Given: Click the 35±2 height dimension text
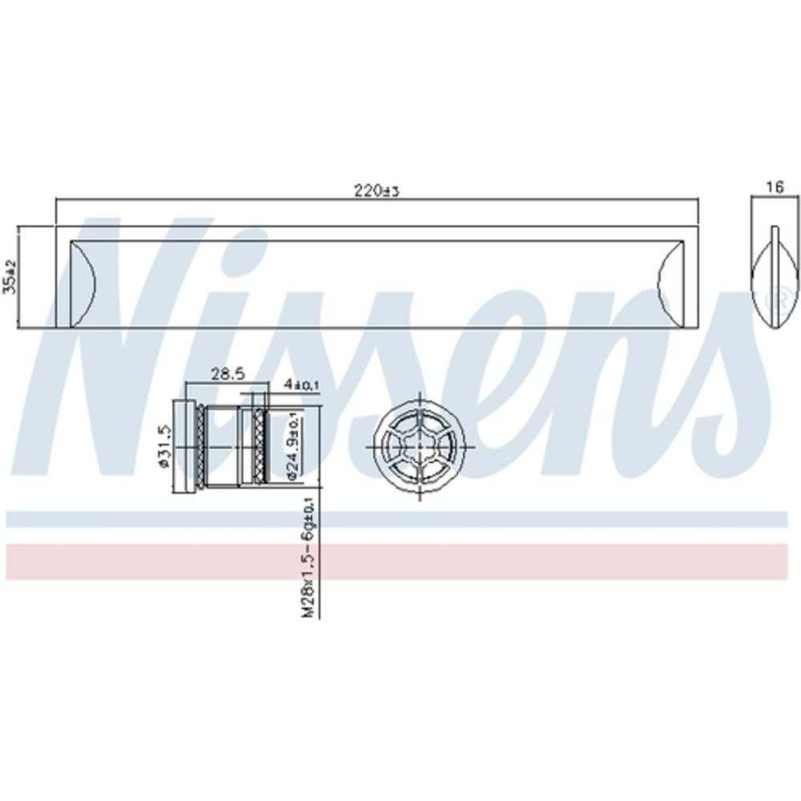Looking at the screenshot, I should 10,276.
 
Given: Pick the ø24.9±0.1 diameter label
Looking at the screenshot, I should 292,449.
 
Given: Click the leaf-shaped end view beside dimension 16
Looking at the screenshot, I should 774,276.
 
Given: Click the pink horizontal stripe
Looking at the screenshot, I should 400,562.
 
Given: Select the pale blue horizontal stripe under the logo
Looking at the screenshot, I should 400,519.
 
